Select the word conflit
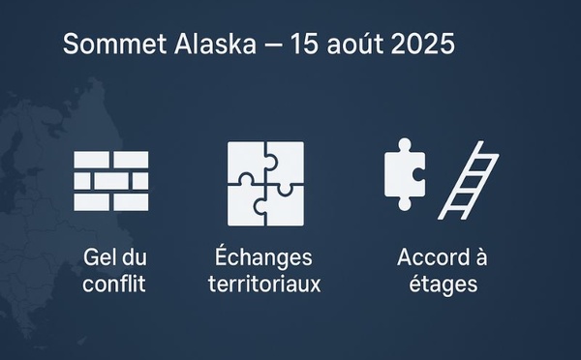(114, 285)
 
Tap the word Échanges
(264, 258)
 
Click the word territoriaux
(264, 285)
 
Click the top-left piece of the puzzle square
(245, 161)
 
